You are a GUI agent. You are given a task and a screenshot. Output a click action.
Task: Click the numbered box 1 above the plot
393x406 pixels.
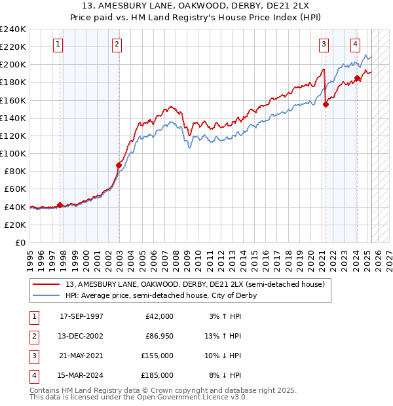(58, 45)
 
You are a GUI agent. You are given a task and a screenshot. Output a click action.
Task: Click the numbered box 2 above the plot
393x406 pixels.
(116, 45)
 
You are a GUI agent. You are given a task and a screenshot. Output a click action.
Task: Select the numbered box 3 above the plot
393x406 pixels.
(324, 45)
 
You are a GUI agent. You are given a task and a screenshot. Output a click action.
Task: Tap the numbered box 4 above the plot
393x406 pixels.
(355, 45)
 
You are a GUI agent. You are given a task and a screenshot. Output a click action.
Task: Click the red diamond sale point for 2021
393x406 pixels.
(326, 103)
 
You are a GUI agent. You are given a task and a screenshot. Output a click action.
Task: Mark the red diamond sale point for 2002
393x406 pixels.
(119, 165)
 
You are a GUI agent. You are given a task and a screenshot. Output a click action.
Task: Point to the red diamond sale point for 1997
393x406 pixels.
(60, 205)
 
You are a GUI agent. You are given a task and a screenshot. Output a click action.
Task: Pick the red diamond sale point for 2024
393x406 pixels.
(357, 78)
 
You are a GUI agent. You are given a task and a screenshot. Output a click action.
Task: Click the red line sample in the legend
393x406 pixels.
(47, 284)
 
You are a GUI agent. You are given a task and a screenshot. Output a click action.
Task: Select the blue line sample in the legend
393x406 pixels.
(47, 295)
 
